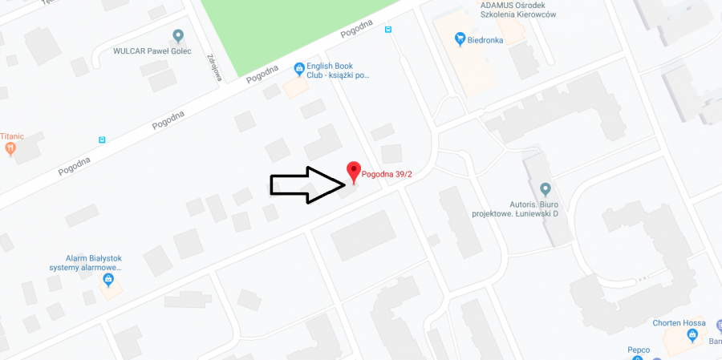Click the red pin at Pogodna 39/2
(x=353, y=171)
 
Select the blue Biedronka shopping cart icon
(x=460, y=38)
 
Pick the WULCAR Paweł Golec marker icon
(x=178, y=36)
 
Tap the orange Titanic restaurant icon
(x=10, y=149)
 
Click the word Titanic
(x=11, y=136)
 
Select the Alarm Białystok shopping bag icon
(x=108, y=281)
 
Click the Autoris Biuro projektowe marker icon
(x=546, y=189)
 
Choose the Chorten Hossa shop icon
(x=692, y=334)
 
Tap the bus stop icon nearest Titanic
(x=102, y=140)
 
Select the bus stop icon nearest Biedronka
(x=388, y=30)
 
